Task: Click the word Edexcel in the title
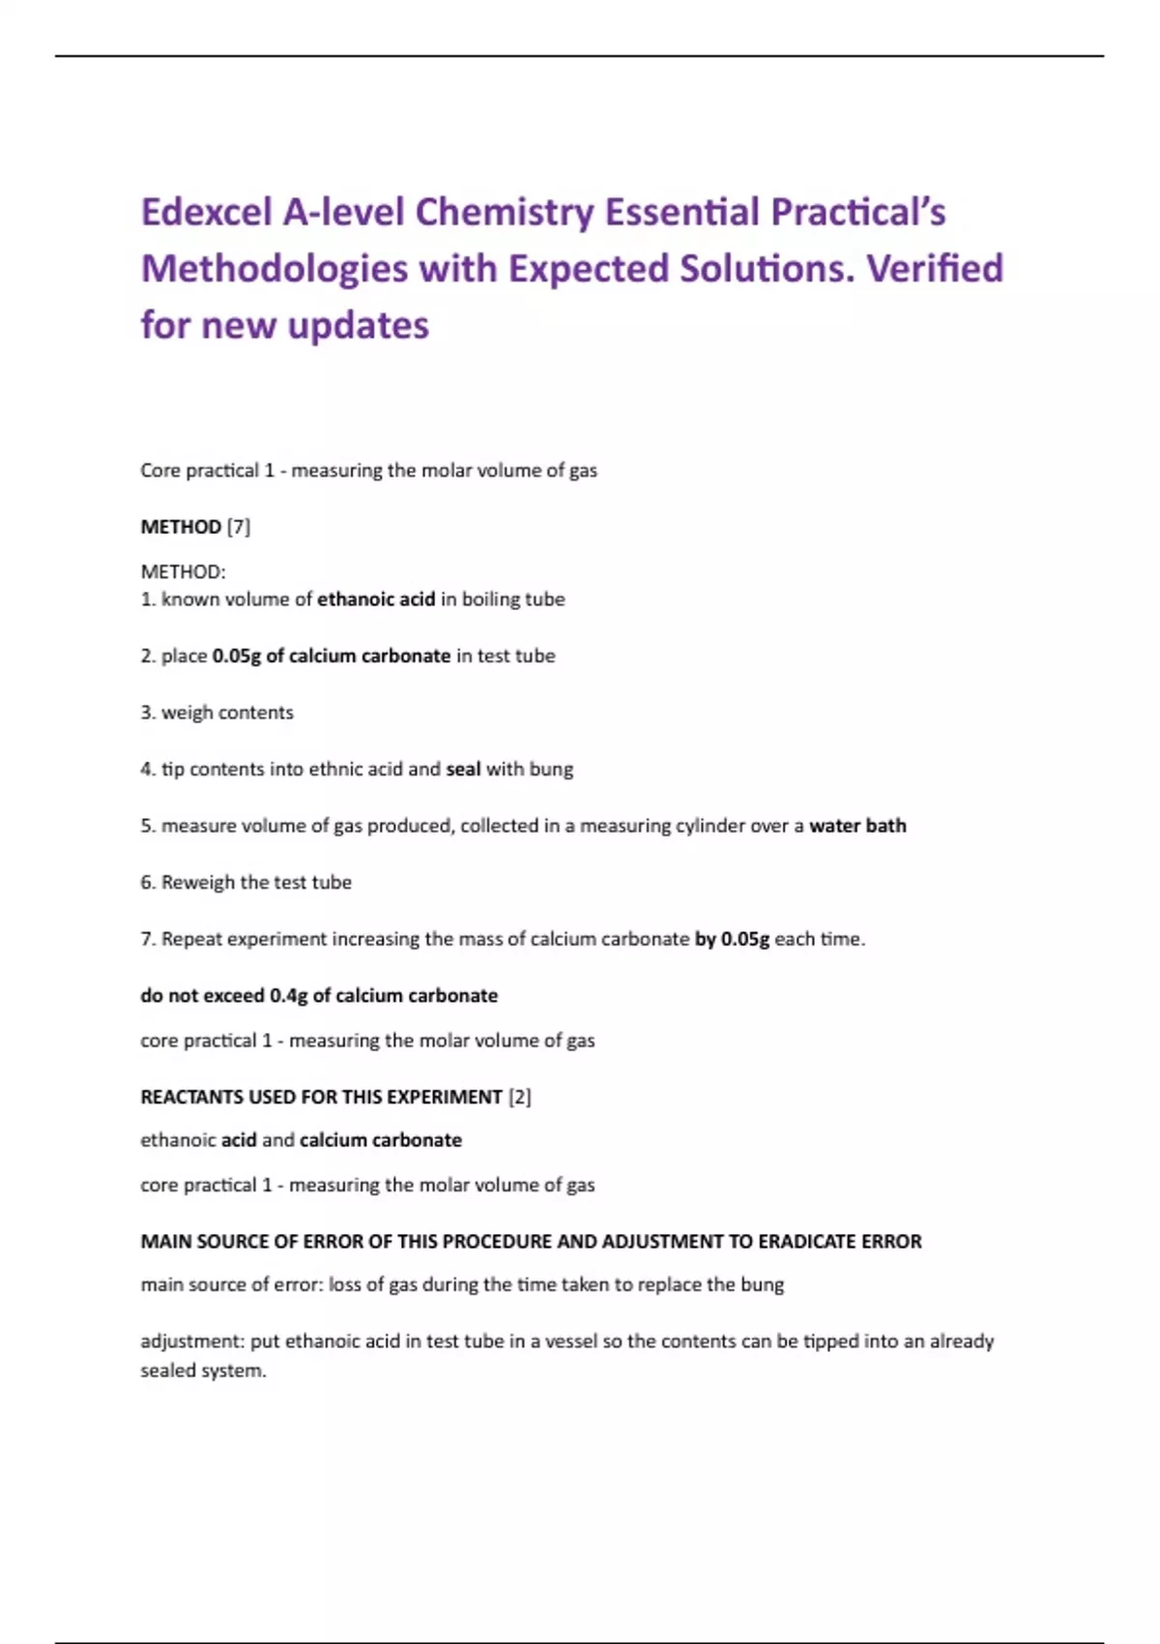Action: (206, 212)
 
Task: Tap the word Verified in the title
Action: (935, 268)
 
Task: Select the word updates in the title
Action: (358, 326)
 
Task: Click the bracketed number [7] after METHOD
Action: (238, 527)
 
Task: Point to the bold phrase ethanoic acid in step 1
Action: (376, 600)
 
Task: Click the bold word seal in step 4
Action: (463, 770)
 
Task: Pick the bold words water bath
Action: (857, 826)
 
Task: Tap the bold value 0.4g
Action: (288, 996)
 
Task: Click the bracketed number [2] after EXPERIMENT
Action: (519, 1098)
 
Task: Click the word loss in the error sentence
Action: (343, 1285)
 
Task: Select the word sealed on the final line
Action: (166, 1370)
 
